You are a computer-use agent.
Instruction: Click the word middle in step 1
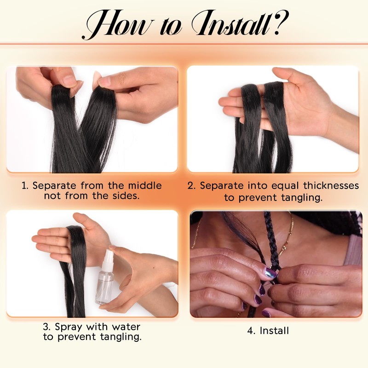click(x=144, y=186)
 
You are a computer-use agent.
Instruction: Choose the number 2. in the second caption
click(x=192, y=186)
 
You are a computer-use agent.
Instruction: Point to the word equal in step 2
click(x=285, y=186)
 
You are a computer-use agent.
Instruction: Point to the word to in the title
click(x=171, y=26)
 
